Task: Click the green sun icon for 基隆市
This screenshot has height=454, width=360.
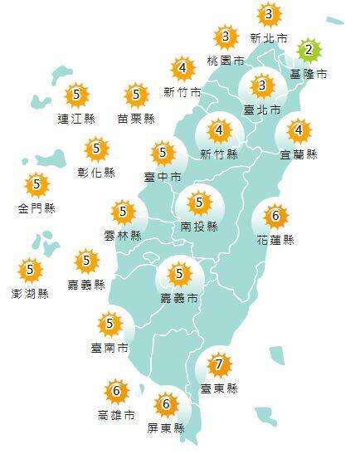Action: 309,51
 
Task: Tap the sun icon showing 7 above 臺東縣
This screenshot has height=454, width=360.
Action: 218,364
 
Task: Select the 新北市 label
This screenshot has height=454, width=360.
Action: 269,37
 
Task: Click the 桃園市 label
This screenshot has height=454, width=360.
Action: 226,61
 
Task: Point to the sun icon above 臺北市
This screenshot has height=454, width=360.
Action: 262,85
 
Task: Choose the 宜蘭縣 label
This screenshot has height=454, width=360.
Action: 299,154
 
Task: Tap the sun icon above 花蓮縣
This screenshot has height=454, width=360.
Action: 276,217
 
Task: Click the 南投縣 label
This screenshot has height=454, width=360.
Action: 199,226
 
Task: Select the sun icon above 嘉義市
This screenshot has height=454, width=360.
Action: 178,273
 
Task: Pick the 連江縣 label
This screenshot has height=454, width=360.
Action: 76,118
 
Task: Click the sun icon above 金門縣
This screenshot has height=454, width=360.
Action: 36,184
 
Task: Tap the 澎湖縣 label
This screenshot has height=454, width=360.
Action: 31,294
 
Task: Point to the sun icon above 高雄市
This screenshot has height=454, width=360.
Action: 116,391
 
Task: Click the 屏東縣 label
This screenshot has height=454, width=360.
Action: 167,428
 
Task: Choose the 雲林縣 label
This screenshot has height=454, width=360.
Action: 123,235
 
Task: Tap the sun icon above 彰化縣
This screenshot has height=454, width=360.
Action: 97,149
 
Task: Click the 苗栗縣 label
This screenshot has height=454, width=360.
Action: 136,118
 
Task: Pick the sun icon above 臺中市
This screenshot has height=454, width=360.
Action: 163,153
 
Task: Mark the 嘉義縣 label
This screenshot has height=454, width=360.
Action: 86,285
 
